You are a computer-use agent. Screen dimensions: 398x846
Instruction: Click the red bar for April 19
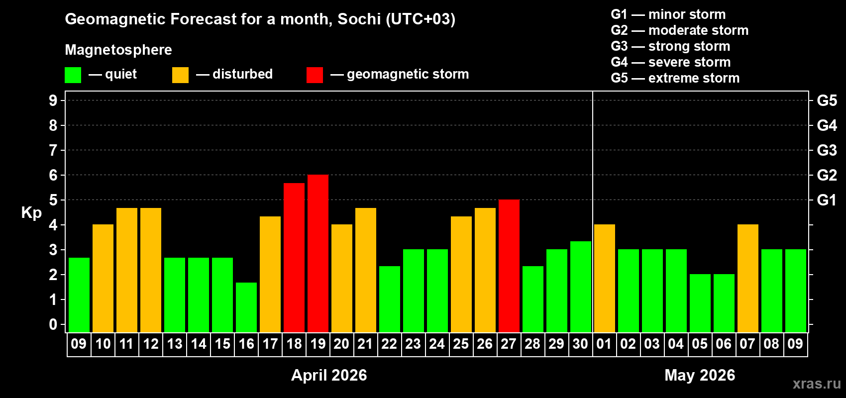[317, 253]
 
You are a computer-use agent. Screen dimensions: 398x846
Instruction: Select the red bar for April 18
[294, 257]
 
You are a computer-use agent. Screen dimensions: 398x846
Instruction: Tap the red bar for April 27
[509, 266]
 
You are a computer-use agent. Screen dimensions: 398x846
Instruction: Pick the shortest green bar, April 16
[246, 307]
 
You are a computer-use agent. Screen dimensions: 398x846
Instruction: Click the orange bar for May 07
[747, 278]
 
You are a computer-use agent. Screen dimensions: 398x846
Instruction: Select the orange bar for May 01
[604, 278]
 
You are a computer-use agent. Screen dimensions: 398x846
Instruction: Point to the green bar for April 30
[580, 287]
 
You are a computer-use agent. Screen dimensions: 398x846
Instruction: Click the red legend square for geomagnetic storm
[315, 75]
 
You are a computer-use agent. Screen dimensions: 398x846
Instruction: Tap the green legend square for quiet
[73, 75]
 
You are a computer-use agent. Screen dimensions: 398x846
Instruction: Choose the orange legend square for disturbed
[180, 75]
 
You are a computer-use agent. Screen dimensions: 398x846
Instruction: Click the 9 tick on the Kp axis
[53, 100]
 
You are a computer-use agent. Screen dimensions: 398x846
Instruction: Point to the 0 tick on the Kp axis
[53, 325]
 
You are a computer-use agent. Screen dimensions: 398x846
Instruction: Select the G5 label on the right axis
[827, 100]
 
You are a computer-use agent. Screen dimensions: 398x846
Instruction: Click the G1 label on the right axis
[827, 200]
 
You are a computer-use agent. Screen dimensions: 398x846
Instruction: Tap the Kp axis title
[31, 213]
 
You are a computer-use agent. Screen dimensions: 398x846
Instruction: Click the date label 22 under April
[389, 344]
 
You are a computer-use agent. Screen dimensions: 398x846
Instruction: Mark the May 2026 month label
[700, 375]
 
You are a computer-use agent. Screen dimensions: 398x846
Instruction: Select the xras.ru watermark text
[817, 384]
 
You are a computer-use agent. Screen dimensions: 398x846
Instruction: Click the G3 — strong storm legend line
[670, 46]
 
